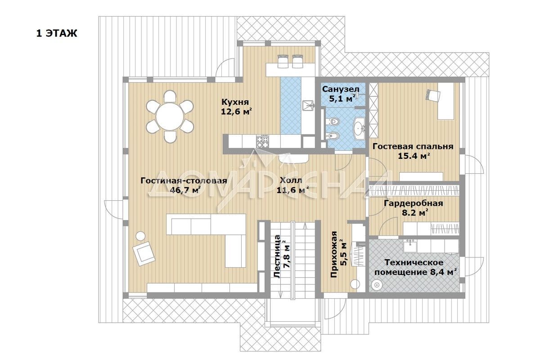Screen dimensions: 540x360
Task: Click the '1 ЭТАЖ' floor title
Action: click(57, 33)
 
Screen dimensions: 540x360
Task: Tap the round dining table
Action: click(170, 117)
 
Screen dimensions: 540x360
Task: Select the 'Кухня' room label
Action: click(235, 102)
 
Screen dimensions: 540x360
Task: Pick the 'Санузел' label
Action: click(341, 89)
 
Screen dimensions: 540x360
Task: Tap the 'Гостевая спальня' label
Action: click(413, 146)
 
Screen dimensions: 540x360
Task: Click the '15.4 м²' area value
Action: click(414, 156)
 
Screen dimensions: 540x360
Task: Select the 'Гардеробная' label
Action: click(414, 203)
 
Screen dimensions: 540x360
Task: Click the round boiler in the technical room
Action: click(377, 284)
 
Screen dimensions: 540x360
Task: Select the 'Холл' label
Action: click(291, 180)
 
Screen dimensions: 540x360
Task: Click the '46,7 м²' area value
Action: click(185, 190)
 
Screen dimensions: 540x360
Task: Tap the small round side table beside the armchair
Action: click(140, 236)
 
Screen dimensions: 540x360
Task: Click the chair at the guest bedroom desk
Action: click(433, 95)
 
